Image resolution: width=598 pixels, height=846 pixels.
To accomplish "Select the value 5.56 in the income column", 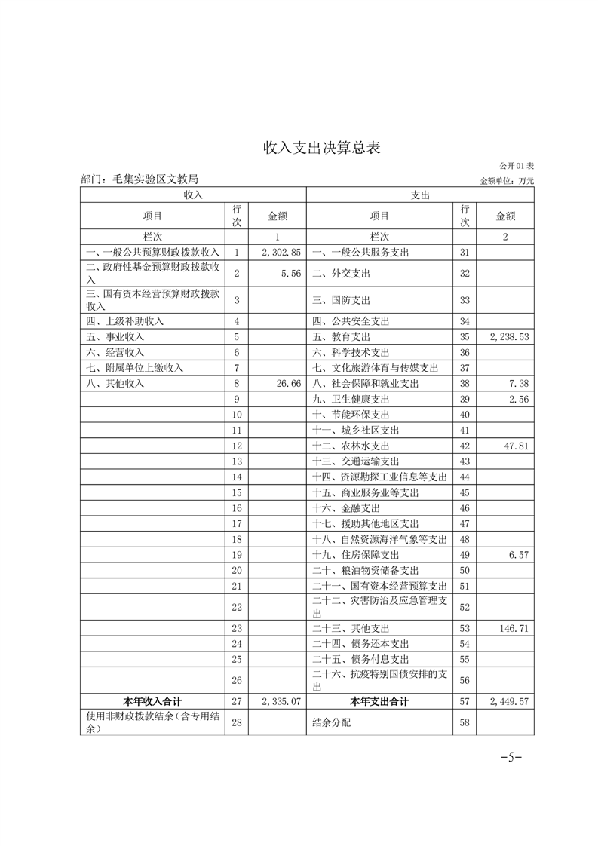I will click(290, 273).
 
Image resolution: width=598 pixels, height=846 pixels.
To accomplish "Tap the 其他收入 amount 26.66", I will click(288, 383).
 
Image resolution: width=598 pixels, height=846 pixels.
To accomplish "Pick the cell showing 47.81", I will click(517, 446).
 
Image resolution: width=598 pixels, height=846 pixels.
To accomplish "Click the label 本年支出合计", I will click(379, 702).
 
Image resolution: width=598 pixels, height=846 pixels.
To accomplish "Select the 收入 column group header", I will click(193, 195).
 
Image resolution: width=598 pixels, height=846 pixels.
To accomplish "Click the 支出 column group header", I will click(420, 195).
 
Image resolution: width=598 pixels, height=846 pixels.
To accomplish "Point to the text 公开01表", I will click(517, 165).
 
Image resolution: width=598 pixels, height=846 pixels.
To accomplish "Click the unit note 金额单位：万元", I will click(507, 181).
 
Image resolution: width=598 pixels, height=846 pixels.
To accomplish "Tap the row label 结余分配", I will click(331, 723).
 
